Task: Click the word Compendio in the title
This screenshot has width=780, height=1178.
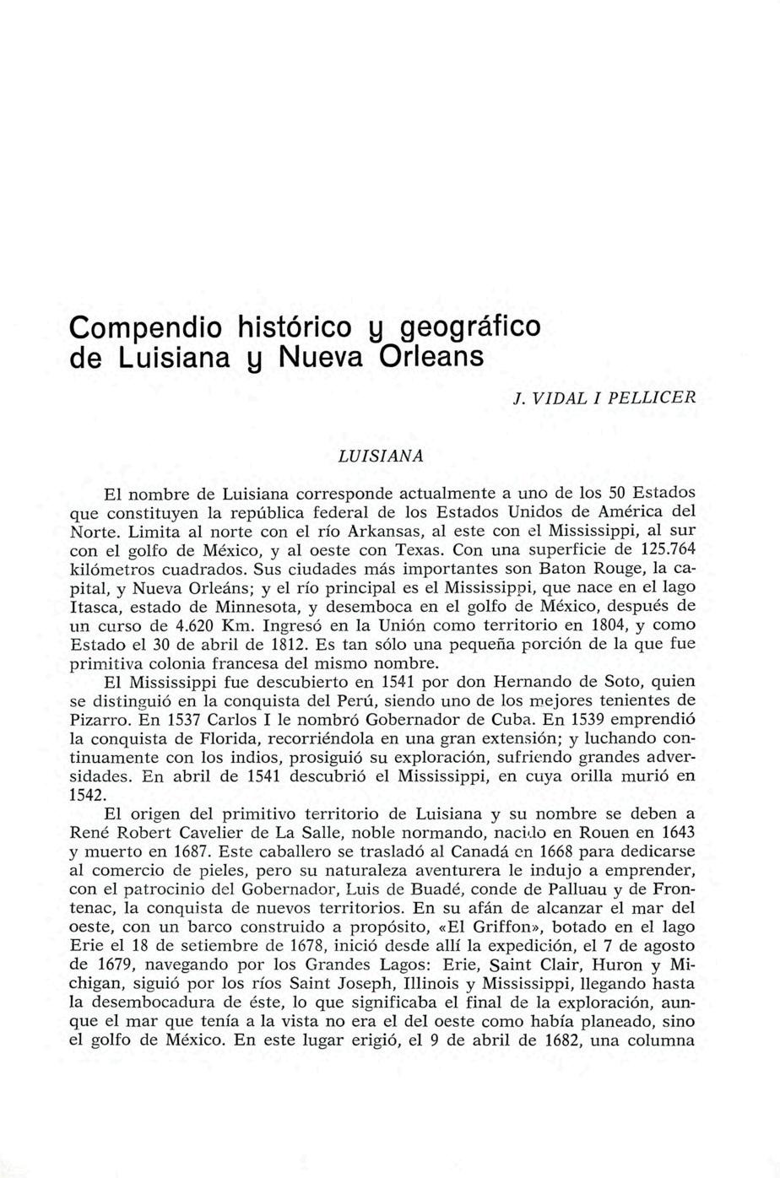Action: tap(143, 327)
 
